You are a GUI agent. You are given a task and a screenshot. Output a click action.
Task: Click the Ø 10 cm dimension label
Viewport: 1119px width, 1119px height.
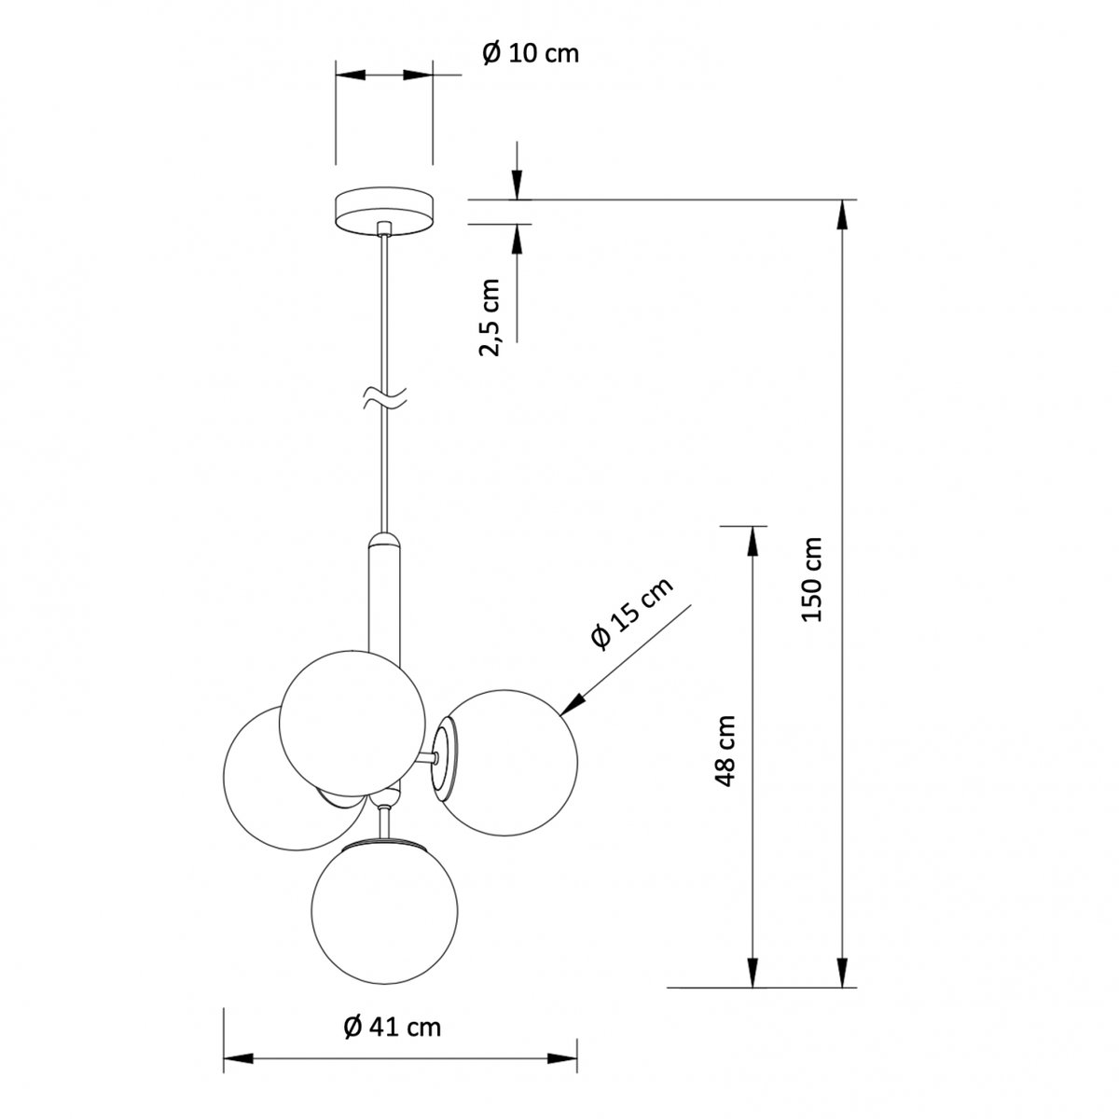click(531, 53)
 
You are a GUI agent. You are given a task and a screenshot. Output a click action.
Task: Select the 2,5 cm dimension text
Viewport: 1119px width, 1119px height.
click(489, 317)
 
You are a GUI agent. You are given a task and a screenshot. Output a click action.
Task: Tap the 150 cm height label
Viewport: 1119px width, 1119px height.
click(811, 579)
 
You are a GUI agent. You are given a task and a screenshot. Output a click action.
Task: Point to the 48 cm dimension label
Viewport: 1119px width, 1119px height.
click(725, 751)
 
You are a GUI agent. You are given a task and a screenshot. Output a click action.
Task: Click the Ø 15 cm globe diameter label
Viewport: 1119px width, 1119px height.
click(632, 614)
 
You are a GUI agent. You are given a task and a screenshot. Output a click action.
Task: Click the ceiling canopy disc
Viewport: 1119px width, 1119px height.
click(384, 211)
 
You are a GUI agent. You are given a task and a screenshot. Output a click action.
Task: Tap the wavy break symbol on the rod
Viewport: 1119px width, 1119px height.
click(384, 398)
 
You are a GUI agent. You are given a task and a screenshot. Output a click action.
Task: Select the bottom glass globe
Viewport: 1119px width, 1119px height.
click(384, 911)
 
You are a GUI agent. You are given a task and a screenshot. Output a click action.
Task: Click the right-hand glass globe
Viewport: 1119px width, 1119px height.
click(507, 763)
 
